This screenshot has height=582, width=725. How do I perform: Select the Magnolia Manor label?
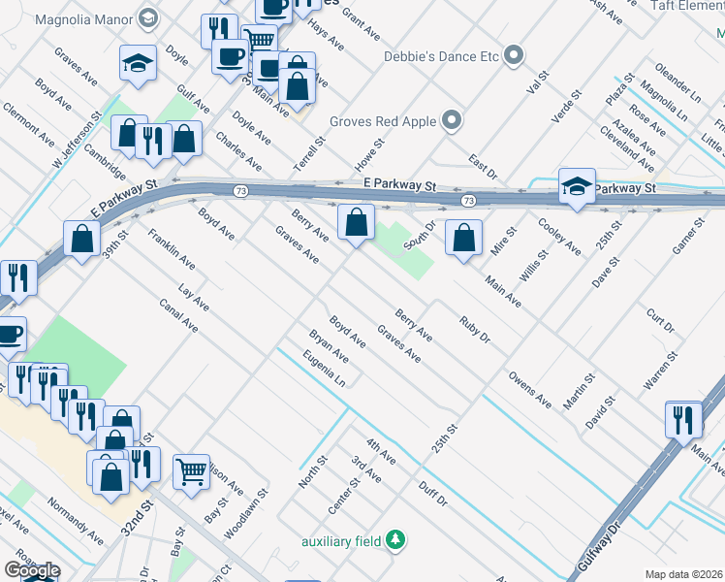pyautogui.click(x=92, y=17)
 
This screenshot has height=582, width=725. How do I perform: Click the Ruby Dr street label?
pyautogui.click(x=475, y=330)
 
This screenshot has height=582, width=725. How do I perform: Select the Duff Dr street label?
pyautogui.click(x=432, y=495)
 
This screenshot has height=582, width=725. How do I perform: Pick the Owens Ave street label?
pyautogui.click(x=529, y=389)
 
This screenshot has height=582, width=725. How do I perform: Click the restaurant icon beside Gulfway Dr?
pyautogui.click(x=683, y=419)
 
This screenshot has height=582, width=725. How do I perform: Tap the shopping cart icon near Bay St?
pyautogui.click(x=192, y=471)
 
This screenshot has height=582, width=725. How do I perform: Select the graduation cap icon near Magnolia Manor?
pyautogui.click(x=138, y=65)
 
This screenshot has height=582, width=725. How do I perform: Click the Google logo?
pyautogui.click(x=32, y=570)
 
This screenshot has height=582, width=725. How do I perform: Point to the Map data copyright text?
pyautogui.click(x=683, y=574)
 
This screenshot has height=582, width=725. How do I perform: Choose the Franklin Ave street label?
pyautogui.click(x=172, y=249)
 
